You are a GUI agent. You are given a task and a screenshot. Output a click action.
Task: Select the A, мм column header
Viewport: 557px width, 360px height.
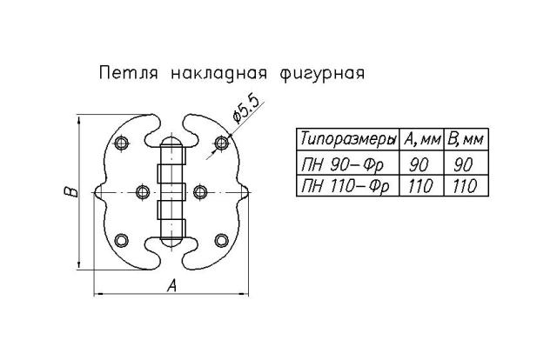[422, 140]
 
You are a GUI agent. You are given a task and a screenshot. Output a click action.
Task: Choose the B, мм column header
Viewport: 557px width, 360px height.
[466, 140]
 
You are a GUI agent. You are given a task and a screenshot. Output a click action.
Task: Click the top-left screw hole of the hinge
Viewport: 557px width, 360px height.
[123, 141]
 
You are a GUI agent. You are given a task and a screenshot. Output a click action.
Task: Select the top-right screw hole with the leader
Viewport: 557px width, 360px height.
[223, 141]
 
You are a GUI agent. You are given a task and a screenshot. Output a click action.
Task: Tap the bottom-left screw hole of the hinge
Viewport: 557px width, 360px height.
[123, 239]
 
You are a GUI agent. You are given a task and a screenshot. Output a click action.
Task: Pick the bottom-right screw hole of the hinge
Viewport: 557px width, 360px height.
[223, 239]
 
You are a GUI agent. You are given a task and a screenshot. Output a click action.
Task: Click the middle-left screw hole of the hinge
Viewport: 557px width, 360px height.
[144, 190]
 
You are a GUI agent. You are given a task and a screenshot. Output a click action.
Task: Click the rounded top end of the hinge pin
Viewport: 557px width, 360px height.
[172, 141]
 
